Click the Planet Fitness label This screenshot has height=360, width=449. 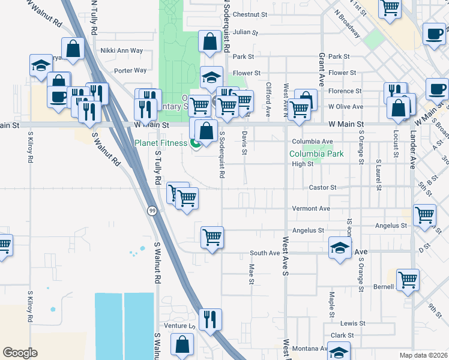click(161, 143)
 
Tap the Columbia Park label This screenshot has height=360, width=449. click(316, 154)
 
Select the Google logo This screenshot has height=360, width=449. click(20, 352)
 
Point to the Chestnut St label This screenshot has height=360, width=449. click(249, 14)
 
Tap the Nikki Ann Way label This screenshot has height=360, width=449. click(122, 51)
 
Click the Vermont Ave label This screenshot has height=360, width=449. click(311, 209)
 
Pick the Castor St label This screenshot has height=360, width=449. click(322, 188)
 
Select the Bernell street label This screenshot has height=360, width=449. click(382, 287)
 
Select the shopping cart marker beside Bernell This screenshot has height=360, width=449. click(408, 279)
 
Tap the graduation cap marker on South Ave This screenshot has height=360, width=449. click(340, 248)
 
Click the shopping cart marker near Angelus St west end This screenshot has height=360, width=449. click(212, 236)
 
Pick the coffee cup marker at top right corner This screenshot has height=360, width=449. click(434, 34)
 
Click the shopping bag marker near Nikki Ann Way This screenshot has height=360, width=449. click(73, 49)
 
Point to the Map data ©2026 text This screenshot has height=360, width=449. click(424, 355)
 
